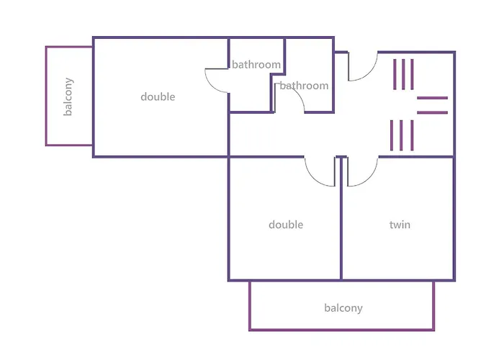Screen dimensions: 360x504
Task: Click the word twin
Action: pos(400,225)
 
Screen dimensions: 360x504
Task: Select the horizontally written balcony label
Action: pos(343,308)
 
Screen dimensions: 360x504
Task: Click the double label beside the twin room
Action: pos(286,225)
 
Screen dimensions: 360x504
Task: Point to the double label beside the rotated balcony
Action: pos(158,96)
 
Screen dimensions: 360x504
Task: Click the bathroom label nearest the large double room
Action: pos(256,65)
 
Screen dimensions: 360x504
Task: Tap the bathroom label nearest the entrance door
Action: pos(304,86)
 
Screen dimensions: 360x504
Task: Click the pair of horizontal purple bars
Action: pos(432,105)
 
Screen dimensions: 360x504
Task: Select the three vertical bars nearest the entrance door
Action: pos(403,73)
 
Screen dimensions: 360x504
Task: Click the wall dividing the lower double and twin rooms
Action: pos(341,223)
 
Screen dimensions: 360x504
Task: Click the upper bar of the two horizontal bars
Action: pos(432,98)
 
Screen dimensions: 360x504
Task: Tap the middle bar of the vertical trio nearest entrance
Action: pos(403,73)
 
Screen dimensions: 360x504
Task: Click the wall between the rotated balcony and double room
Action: pos(93,96)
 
